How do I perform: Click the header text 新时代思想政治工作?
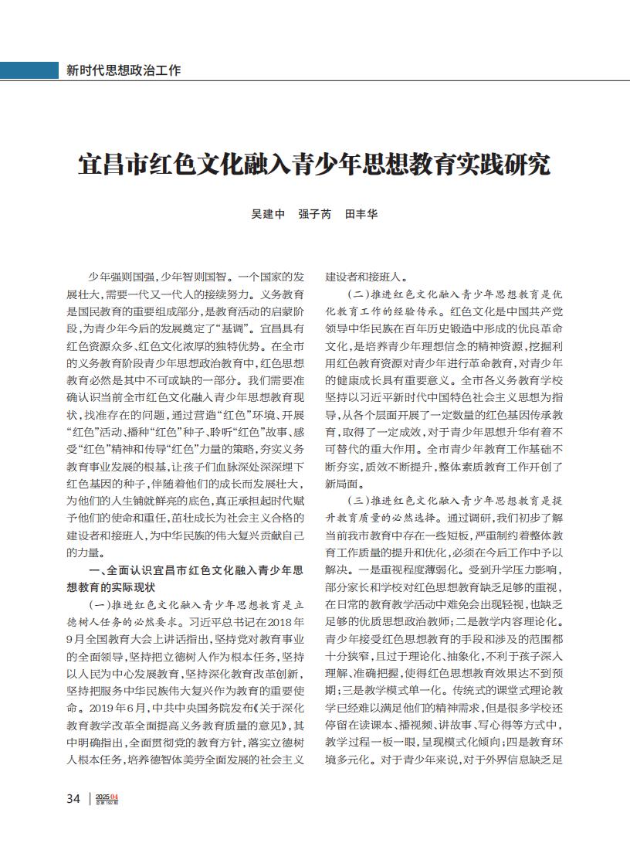tap(124, 70)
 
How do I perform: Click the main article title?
tap(314, 165)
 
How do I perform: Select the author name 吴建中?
tap(268, 214)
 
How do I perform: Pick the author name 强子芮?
tap(314, 214)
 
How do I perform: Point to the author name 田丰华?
tap(361, 214)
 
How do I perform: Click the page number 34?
tap(73, 799)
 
